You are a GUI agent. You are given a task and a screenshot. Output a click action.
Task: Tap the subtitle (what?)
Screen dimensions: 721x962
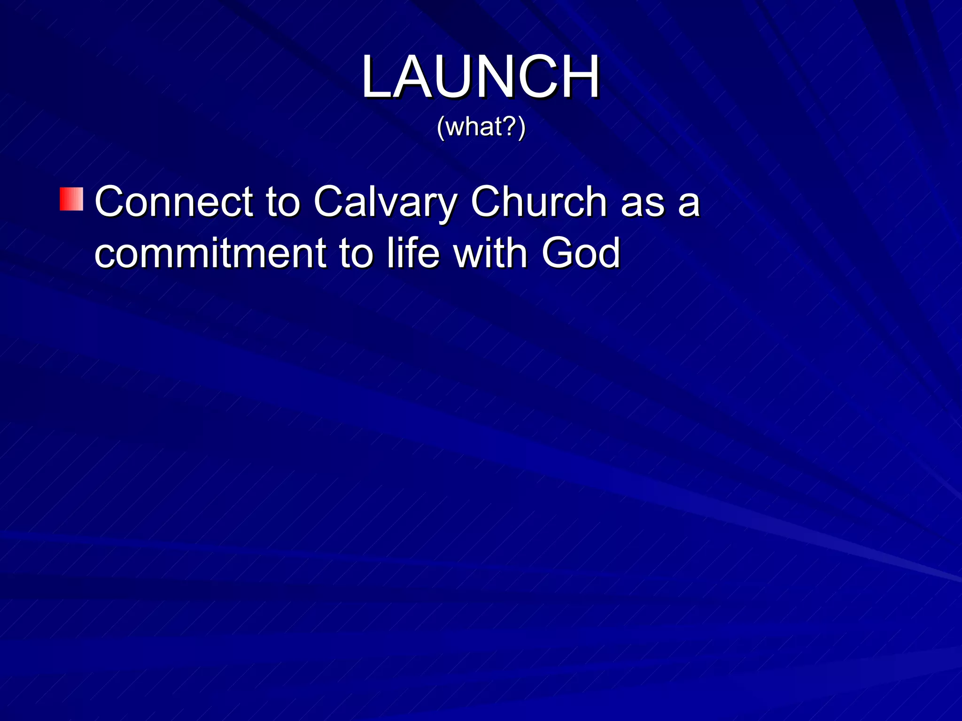[x=481, y=127]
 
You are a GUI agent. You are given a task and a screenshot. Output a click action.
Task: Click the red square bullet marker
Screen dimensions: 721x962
[x=71, y=199]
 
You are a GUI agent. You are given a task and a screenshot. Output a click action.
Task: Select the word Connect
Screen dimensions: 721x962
[x=174, y=202]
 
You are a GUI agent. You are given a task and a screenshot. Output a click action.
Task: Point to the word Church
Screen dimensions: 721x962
[x=539, y=202]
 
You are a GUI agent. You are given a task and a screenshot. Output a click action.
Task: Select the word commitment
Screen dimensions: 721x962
[x=210, y=253]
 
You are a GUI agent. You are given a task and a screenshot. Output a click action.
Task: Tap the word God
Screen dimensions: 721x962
[x=581, y=253]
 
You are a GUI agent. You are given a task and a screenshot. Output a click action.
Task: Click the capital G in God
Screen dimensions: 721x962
[x=556, y=253]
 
